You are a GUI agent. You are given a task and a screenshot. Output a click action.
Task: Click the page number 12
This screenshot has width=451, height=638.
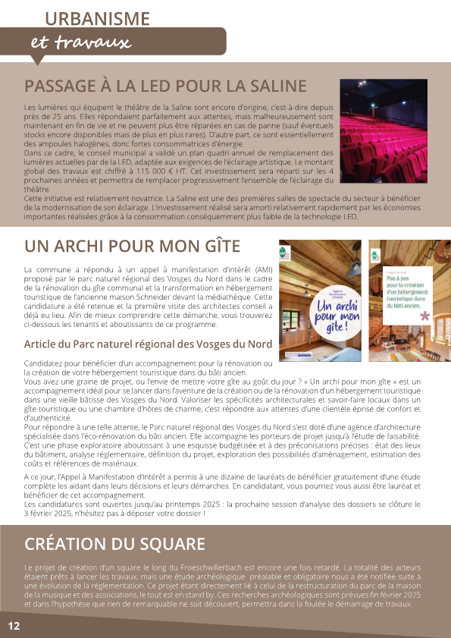click(x=14, y=626)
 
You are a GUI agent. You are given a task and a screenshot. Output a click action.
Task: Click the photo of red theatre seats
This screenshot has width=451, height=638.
click(x=384, y=126)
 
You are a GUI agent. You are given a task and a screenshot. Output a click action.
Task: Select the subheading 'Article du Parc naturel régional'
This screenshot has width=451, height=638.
click(x=148, y=344)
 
